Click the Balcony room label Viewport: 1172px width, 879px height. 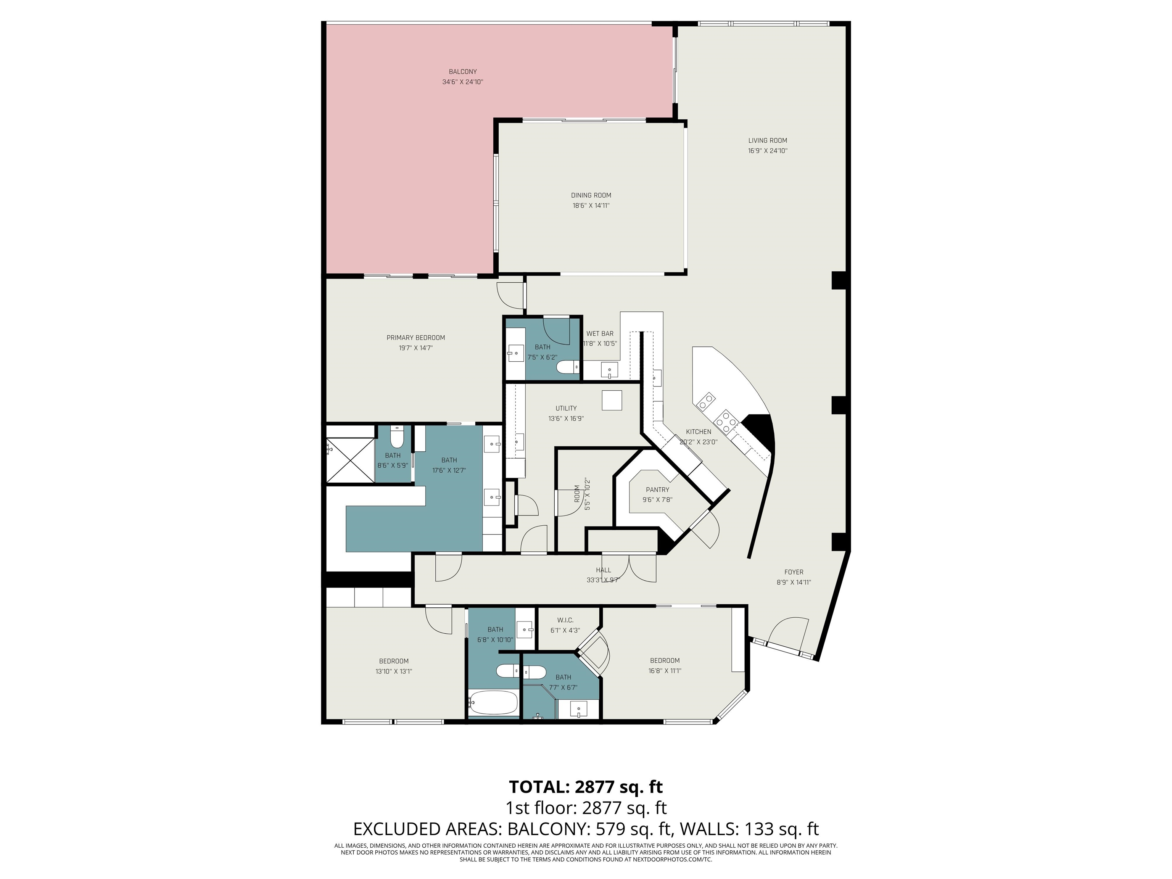[x=462, y=71]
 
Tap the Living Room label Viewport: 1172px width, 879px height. [x=768, y=140]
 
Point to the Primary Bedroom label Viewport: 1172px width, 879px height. [x=416, y=338]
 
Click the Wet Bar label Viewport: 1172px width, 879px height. [x=600, y=333]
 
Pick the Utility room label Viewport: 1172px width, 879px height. [x=566, y=408]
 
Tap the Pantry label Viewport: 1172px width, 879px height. [x=657, y=489]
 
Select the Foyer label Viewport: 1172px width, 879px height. [x=794, y=572]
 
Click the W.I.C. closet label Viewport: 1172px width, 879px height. [x=565, y=620]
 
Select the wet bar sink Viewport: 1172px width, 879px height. [x=609, y=370]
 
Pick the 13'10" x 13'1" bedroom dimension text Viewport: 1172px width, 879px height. [x=394, y=671]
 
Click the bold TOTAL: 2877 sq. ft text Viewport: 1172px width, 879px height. [x=586, y=787]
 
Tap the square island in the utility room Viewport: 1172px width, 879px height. [x=612, y=400]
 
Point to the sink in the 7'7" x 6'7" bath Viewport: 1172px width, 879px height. [x=579, y=708]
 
